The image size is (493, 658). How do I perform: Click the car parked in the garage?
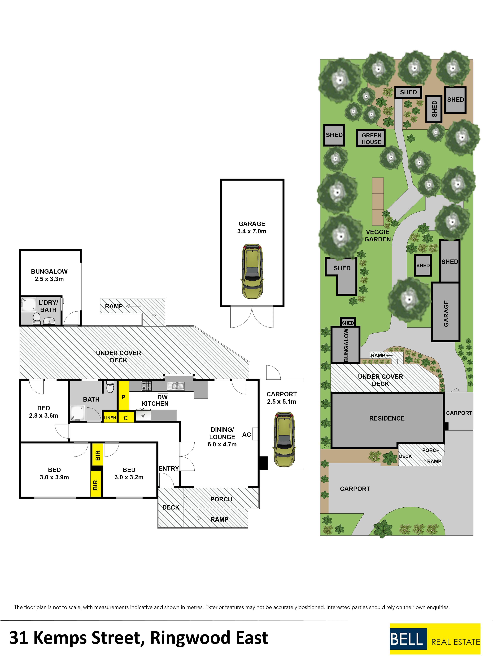coord(252,271)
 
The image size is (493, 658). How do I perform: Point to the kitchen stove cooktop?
coord(146,386)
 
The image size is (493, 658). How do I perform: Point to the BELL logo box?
coord(408,639)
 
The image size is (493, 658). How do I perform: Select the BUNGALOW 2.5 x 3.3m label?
coord(49,275)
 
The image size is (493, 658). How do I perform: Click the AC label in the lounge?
coord(247,435)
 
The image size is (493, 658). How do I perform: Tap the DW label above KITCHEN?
coord(163,397)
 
